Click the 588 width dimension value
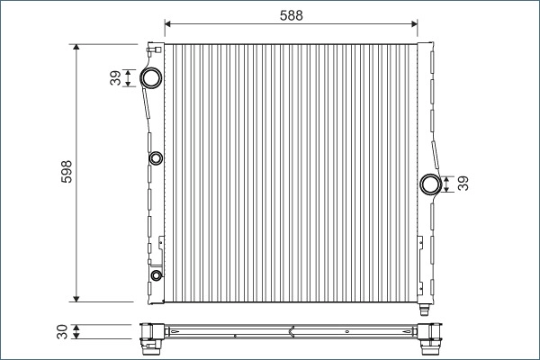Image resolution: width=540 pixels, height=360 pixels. pos(291,14)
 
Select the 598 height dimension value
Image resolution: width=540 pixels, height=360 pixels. pos(66,173)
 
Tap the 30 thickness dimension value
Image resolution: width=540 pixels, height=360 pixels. pos(62,331)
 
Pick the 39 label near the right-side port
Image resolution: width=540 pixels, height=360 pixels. pos(463,184)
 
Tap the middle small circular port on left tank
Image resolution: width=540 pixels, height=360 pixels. pos(155,160)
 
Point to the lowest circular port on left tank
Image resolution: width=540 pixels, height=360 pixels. pos(156,275)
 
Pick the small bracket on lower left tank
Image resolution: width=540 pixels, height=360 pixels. pos(160,241)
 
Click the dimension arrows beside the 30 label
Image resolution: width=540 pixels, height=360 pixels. pos(77,331)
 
